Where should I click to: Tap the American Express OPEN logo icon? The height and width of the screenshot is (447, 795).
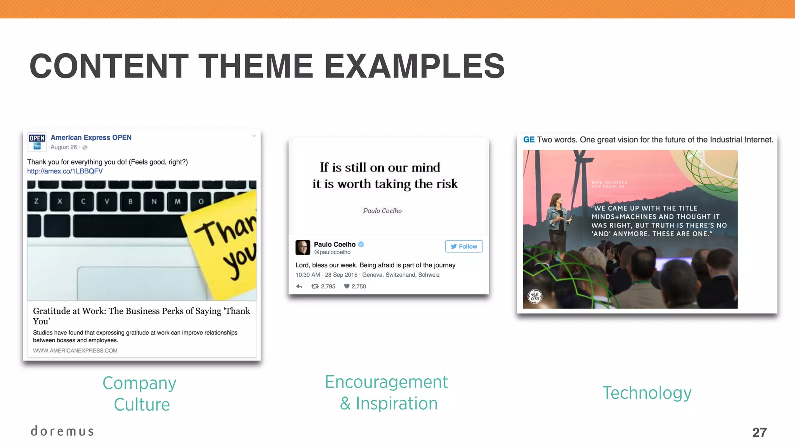pos(37,142)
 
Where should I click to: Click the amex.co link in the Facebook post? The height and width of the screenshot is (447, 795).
pos(65,171)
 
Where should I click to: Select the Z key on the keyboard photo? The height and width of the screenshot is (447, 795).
pos(36,201)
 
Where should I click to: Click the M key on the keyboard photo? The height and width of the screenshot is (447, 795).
pos(177,201)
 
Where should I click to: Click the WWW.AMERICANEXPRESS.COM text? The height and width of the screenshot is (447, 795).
pos(75,350)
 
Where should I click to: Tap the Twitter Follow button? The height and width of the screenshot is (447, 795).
pos(463,246)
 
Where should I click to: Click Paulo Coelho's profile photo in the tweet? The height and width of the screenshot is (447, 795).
pos(303,248)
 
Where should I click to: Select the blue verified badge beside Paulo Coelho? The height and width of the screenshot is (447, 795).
pos(361,244)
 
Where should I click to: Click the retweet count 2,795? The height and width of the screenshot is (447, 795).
pos(328,286)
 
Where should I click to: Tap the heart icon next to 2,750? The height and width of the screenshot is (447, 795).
pos(347,286)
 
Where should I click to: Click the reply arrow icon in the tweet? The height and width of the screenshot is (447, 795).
pos(299,286)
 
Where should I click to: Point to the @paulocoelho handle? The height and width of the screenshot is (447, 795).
pos(332,252)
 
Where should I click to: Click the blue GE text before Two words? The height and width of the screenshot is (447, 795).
pos(529,140)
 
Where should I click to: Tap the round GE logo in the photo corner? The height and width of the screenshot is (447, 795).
pos(535,297)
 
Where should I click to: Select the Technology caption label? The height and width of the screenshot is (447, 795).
pos(647,393)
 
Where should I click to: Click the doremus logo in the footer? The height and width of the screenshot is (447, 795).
pos(62,431)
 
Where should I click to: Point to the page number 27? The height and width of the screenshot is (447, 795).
pos(759,432)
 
